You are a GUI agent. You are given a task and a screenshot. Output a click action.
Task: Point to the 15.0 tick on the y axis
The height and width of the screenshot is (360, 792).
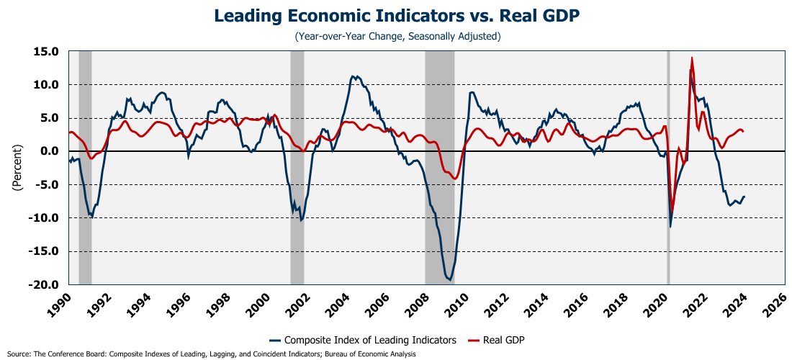coord(45,51)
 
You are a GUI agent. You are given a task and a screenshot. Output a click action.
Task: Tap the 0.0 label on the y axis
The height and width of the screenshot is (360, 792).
coord(48,151)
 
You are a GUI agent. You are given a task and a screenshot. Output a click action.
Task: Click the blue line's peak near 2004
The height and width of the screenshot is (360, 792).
coord(353,76)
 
